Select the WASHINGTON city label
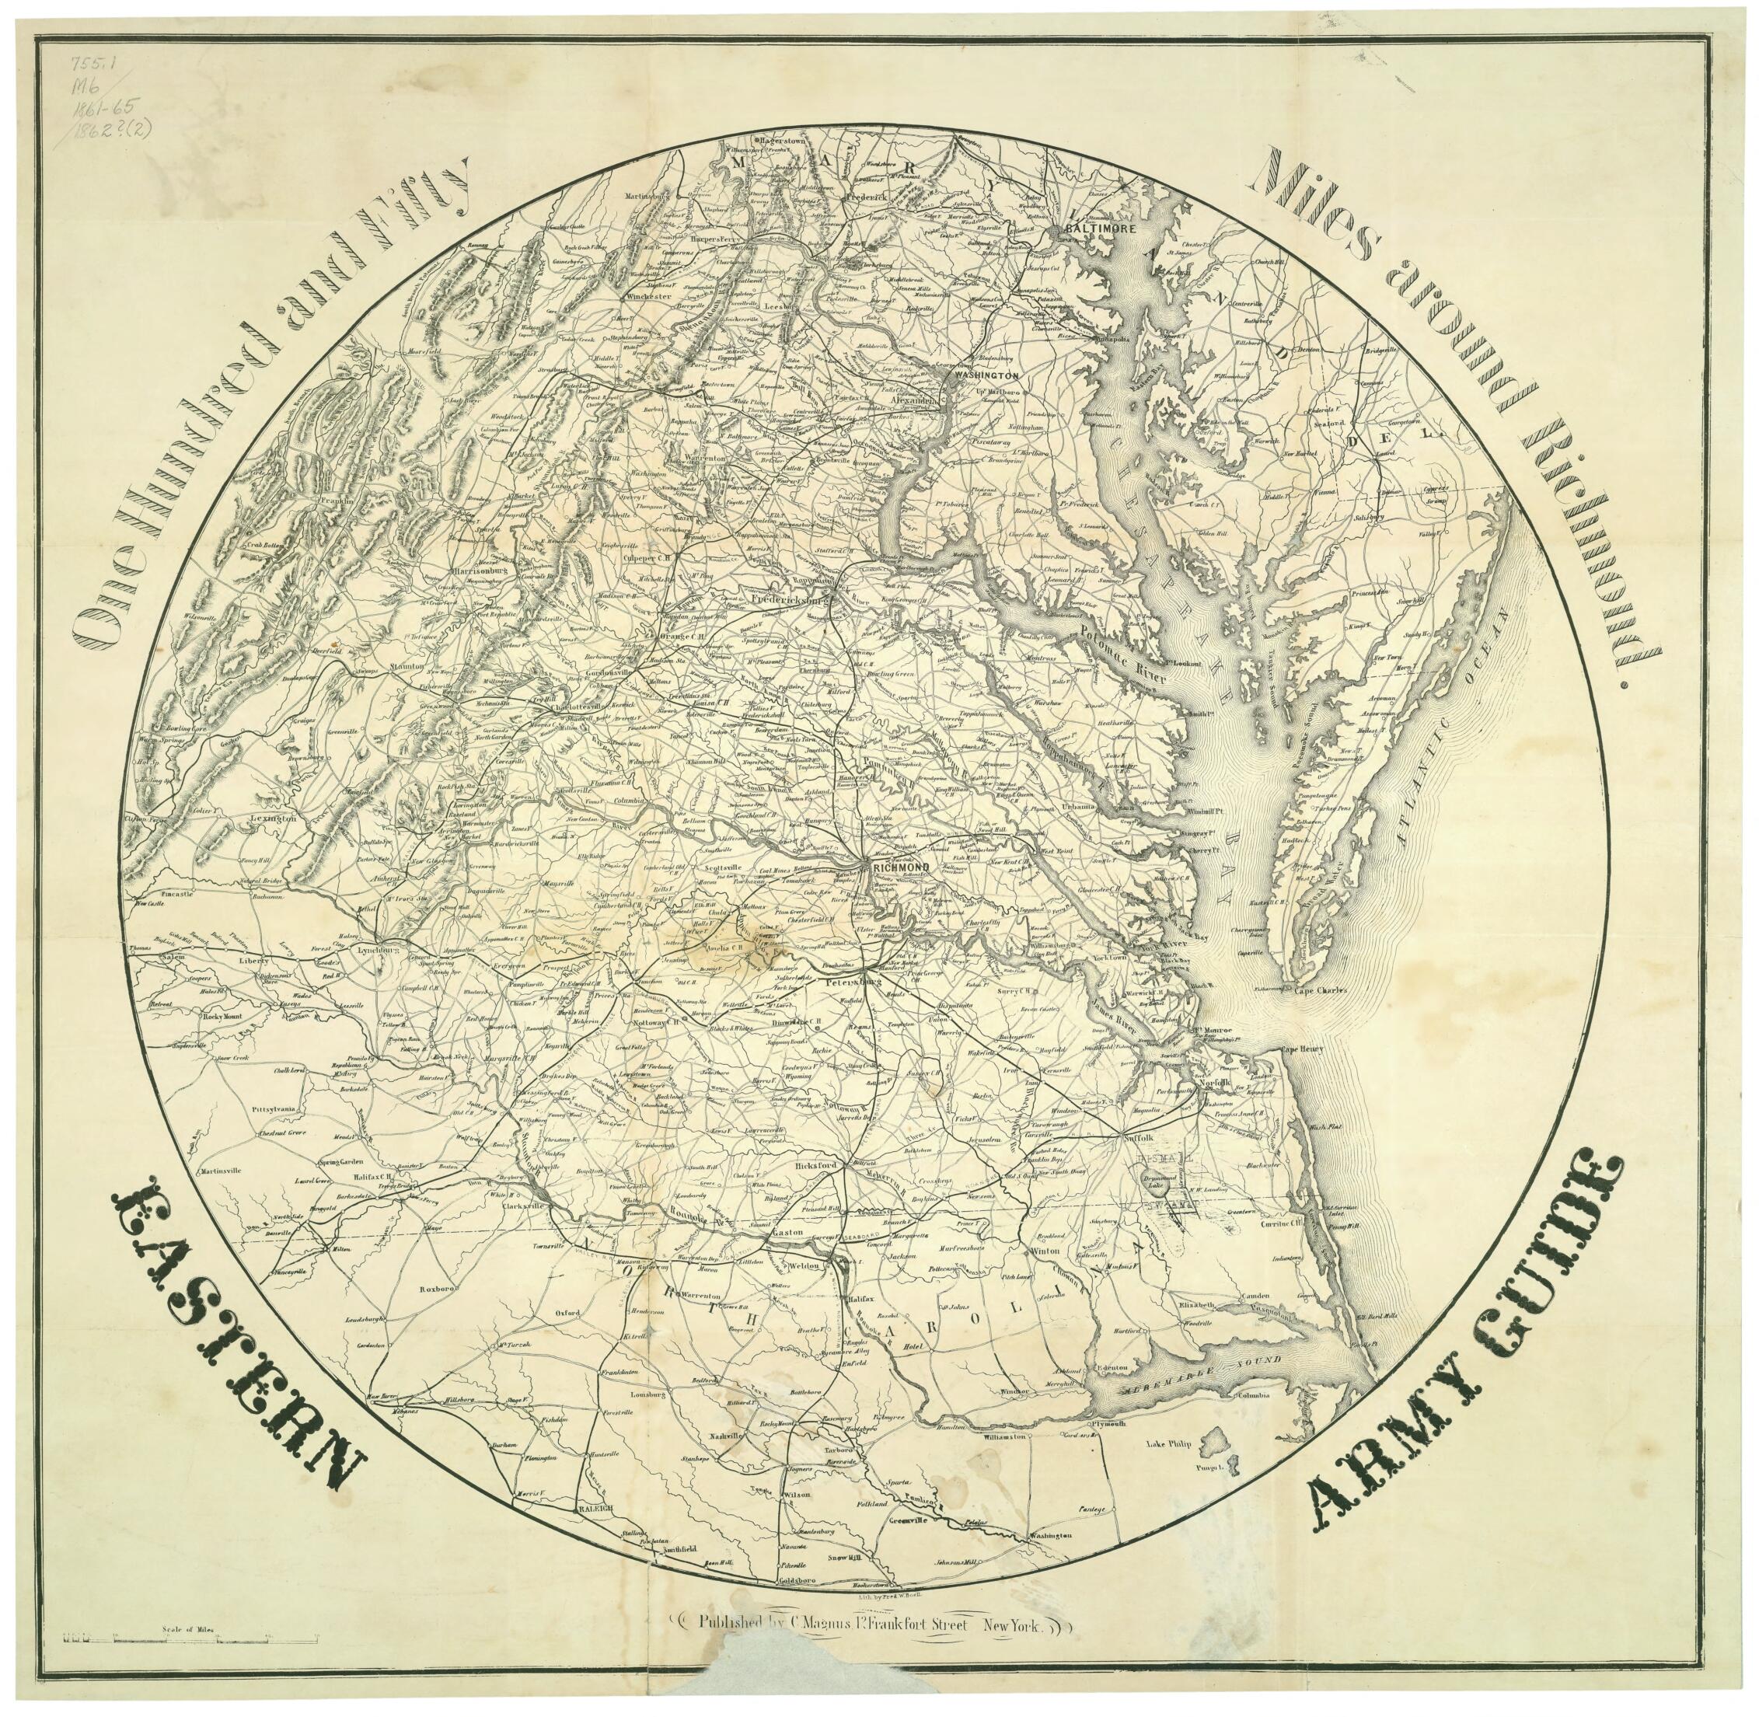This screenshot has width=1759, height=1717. click(x=986, y=373)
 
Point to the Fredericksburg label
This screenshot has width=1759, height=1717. click(x=790, y=598)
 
